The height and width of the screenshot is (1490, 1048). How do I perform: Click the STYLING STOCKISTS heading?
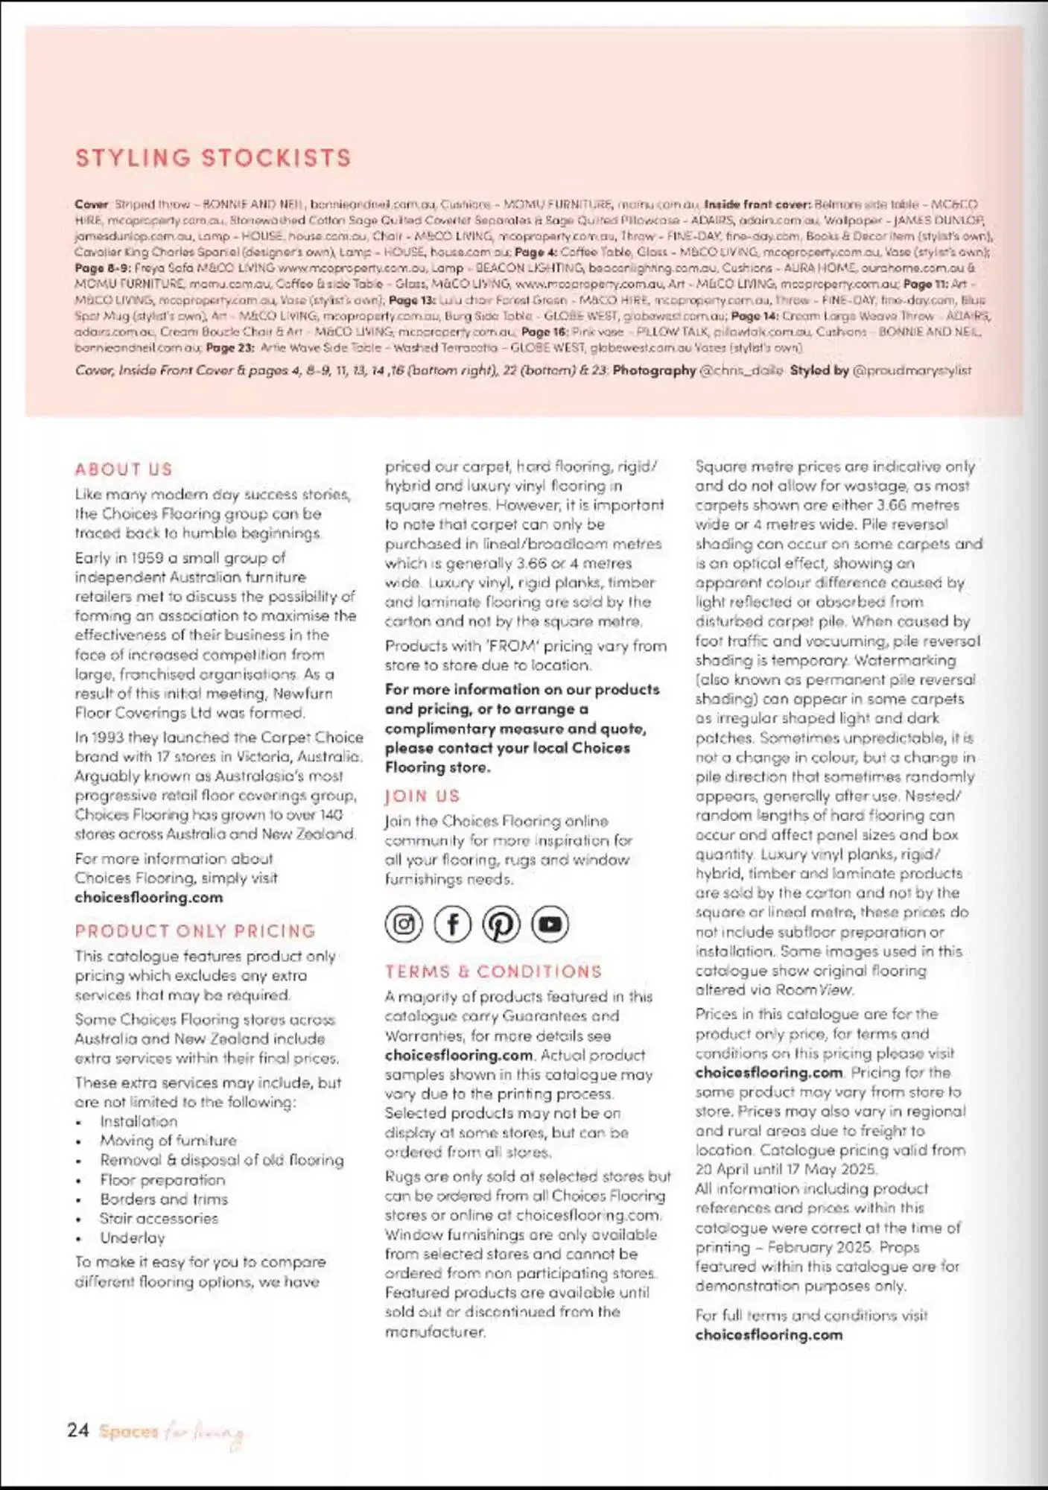(x=213, y=158)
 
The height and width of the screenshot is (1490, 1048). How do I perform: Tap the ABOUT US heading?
(x=124, y=469)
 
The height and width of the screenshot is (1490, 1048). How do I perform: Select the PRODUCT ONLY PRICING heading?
(x=195, y=931)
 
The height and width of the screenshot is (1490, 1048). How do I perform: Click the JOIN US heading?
(x=422, y=796)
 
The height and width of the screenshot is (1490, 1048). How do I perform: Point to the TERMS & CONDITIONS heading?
(x=493, y=971)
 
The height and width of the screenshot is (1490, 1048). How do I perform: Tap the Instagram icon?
(x=404, y=925)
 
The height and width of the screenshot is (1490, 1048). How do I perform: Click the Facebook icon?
(x=452, y=925)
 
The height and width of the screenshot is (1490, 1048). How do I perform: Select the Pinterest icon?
(x=501, y=925)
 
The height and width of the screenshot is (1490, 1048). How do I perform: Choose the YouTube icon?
(x=550, y=925)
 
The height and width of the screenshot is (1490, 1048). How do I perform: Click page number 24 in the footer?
(x=78, y=1430)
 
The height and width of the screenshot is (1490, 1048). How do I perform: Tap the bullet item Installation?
(x=139, y=1121)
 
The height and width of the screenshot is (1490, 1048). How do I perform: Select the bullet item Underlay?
(x=133, y=1237)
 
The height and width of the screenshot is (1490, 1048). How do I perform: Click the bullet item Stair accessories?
(x=159, y=1218)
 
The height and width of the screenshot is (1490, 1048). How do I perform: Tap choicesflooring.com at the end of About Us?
(x=148, y=898)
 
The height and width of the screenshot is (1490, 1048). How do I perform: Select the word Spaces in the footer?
(x=129, y=1431)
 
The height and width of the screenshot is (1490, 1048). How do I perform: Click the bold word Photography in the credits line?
(x=654, y=370)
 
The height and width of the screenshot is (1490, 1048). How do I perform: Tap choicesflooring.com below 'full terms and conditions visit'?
(x=769, y=1335)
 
